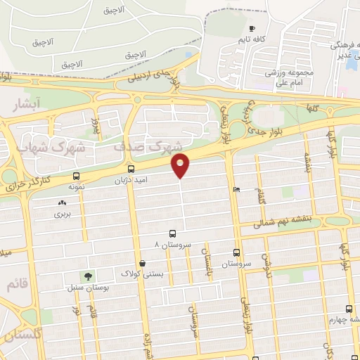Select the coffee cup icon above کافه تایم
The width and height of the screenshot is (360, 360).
coord(252,29)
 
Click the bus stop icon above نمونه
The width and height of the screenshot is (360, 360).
coord(76,176)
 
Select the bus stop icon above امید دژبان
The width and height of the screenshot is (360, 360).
coord(131,169)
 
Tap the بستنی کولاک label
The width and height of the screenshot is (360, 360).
coord(143,274)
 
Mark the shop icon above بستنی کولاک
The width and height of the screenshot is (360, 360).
coord(143,264)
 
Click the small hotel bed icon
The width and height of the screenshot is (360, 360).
coord(236,189)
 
